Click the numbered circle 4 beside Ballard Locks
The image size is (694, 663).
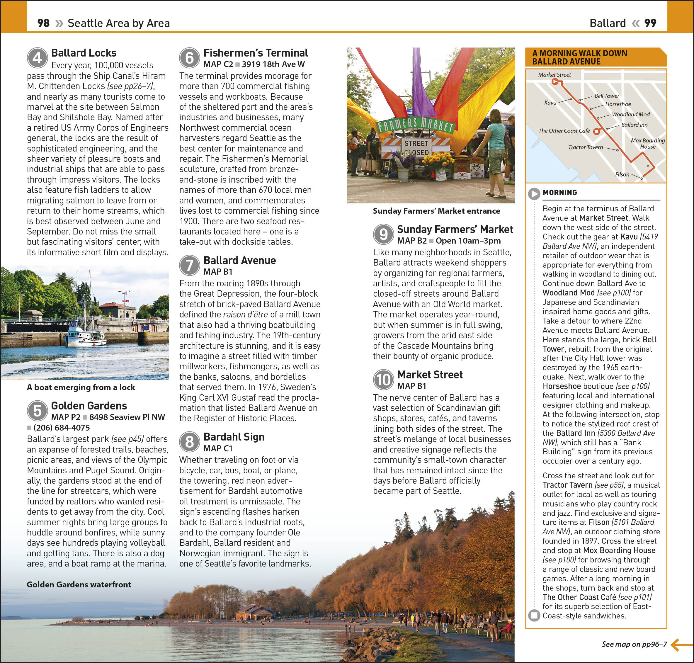(x=38, y=58)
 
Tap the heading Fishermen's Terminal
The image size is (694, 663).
(x=256, y=53)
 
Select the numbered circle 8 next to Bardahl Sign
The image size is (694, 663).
(x=190, y=442)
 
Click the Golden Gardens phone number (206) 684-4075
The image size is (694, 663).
(x=62, y=428)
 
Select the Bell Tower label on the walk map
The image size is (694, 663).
(x=607, y=96)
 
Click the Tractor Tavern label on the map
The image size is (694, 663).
(x=586, y=147)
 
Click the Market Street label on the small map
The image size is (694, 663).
(x=554, y=75)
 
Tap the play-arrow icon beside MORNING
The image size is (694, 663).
(x=534, y=193)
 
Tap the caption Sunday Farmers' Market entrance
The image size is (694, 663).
(x=436, y=211)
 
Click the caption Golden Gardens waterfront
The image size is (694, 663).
(x=79, y=584)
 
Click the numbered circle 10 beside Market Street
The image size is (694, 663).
(x=383, y=380)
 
